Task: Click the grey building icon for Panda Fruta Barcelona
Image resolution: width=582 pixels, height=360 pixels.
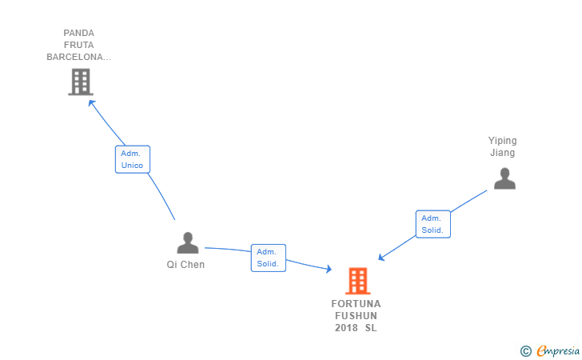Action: [80, 82]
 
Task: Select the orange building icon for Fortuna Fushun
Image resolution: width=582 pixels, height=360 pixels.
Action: [357, 280]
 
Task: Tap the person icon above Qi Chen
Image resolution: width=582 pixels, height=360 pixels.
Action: [187, 243]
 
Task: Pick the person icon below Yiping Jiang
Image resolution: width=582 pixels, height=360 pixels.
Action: [504, 178]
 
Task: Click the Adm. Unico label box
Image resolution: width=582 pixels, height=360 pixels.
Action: [132, 159]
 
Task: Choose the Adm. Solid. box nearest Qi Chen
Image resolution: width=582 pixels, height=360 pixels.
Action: [268, 258]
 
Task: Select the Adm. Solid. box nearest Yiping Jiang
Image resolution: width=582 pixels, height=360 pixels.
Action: [433, 224]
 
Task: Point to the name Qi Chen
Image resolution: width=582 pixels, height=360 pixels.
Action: [185, 265]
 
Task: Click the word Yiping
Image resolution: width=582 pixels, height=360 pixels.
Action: [503, 141]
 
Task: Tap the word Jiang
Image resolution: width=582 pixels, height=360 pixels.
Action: [503, 153]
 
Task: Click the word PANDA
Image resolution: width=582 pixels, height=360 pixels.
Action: [79, 34]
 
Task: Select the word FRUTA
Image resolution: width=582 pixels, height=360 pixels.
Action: [79, 45]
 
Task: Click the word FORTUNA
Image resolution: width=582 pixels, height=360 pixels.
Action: [357, 304]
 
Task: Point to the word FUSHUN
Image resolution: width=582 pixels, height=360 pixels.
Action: [357, 316]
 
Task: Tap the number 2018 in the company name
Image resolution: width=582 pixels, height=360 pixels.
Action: [346, 328]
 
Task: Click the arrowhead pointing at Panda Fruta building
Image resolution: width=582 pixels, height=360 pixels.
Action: [91, 102]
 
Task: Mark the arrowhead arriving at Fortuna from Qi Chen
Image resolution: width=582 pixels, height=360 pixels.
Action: [328, 270]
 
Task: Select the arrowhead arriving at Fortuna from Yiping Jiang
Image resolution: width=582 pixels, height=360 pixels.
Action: [381, 258]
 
